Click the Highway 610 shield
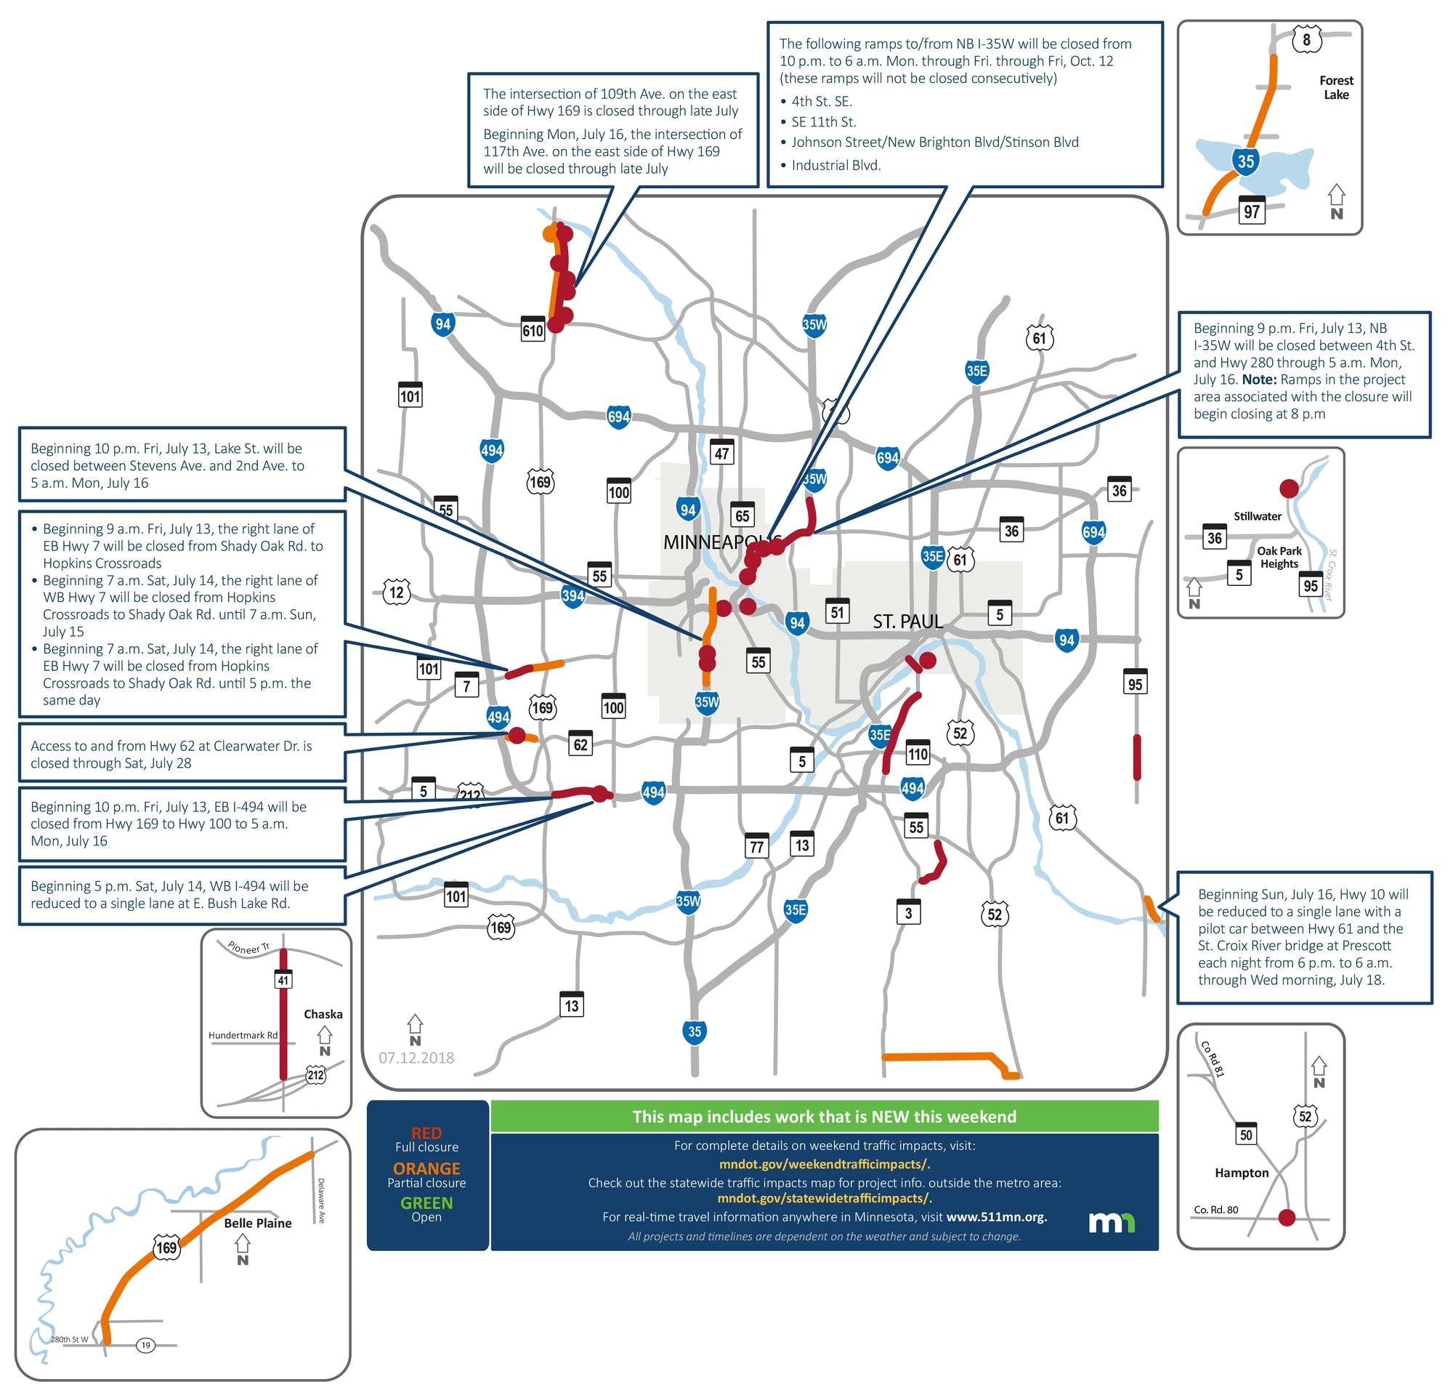[533, 329]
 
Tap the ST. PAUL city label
[907, 622]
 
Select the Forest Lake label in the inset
[1336, 87]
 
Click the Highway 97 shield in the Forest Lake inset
[1251, 211]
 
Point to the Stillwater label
[1258, 516]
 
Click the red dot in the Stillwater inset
[1289, 488]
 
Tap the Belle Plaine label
[257, 1223]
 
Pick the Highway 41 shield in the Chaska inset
[283, 980]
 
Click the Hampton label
[1241, 1173]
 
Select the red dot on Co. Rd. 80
[1287, 1217]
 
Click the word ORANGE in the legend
[426, 1168]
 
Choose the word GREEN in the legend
[426, 1203]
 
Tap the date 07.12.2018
[416, 1058]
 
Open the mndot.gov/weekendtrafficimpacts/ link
[825, 1165]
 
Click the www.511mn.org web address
[996, 1216]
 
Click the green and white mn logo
[1112, 1222]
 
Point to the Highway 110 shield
[917, 754]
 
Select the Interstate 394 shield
[572, 595]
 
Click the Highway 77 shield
[756, 846]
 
